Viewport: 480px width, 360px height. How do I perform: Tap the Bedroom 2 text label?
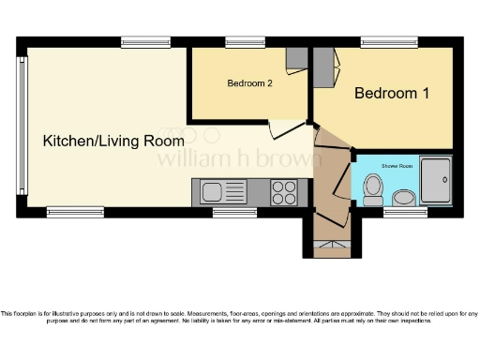(x=249, y=82)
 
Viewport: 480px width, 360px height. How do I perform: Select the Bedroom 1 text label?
(x=392, y=94)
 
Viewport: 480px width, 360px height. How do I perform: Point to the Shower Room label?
(x=393, y=165)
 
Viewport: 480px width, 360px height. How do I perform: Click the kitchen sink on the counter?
(x=212, y=192)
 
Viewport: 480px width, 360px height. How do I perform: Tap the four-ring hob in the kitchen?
(x=283, y=192)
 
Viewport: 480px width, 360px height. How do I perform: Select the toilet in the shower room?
(x=372, y=187)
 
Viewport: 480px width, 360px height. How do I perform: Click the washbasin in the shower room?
(x=404, y=197)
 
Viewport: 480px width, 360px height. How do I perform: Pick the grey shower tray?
(x=435, y=181)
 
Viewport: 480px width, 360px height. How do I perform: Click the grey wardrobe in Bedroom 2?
(x=296, y=58)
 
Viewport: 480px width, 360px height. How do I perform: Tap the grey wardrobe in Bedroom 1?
(x=322, y=66)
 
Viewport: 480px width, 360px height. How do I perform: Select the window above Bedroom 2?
(x=245, y=41)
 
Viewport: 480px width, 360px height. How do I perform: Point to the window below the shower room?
(x=405, y=213)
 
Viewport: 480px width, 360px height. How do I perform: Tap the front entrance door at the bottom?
(x=328, y=249)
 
